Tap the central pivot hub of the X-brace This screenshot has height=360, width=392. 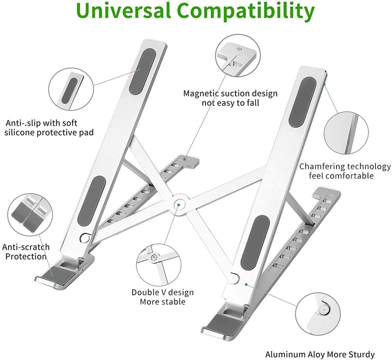click(x=178, y=205)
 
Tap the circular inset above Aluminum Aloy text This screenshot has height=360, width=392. click(x=318, y=313)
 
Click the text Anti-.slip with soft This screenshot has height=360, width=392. click(x=41, y=123)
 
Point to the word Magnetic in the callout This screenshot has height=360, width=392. click(x=202, y=94)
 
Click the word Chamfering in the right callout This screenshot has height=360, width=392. click(x=322, y=167)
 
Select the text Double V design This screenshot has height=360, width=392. click(x=163, y=293)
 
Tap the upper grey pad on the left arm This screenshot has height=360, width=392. click(x=142, y=71)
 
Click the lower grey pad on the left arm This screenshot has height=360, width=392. click(x=91, y=201)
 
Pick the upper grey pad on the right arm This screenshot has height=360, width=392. click(x=302, y=102)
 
